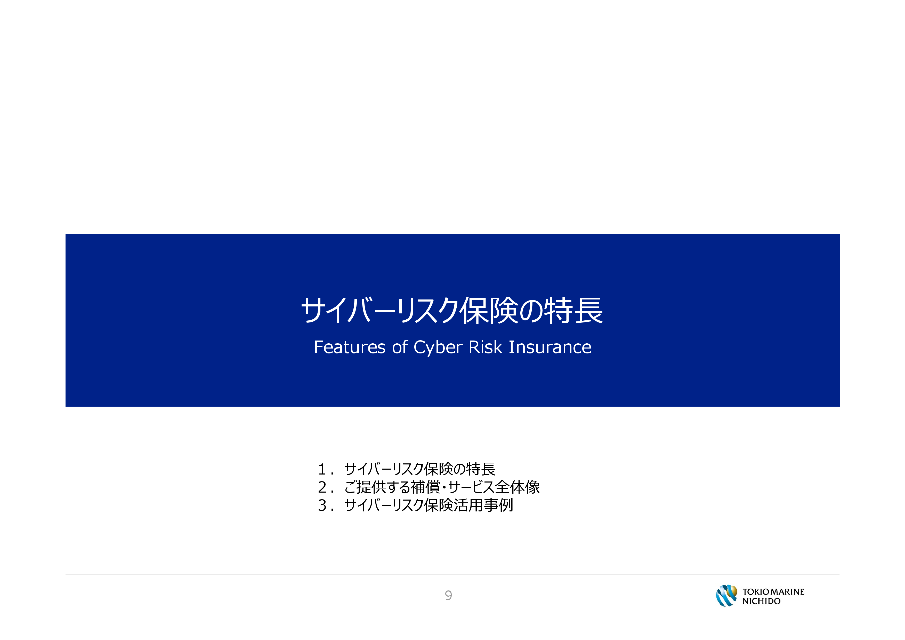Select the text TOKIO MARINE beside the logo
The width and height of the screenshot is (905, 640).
click(x=773, y=591)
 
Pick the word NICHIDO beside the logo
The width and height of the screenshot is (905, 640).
click(x=762, y=601)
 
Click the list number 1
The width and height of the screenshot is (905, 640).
click(x=322, y=469)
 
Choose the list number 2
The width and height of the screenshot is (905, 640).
click(x=322, y=487)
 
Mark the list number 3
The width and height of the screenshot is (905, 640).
click(x=322, y=505)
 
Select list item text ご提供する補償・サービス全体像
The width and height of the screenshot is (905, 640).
click(x=442, y=487)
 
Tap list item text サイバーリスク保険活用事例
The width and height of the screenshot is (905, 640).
click(x=429, y=505)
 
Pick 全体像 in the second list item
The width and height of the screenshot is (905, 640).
click(x=518, y=487)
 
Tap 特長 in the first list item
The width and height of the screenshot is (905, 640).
click(x=480, y=469)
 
